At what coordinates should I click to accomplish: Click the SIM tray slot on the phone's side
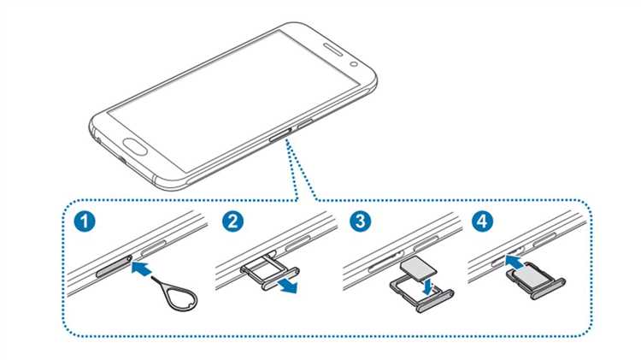280,133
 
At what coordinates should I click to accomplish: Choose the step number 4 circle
483,221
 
